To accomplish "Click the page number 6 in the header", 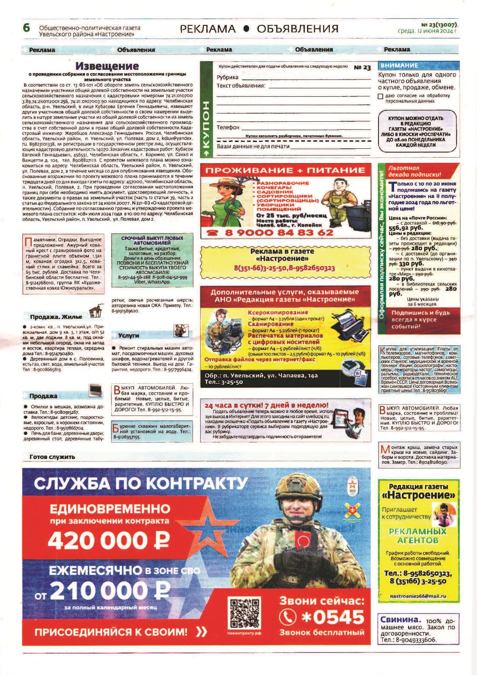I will point(26,28).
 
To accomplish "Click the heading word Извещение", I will point(107,66).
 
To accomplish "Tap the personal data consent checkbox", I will point(381,96).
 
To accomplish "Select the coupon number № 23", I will point(362,68).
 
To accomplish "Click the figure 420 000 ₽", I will point(109,539).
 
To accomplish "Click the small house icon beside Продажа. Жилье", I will point(97,311).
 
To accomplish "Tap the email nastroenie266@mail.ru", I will point(418,596).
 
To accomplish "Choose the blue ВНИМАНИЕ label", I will point(400,66).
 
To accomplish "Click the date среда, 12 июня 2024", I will point(428,31).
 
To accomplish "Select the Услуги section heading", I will point(129,335).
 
